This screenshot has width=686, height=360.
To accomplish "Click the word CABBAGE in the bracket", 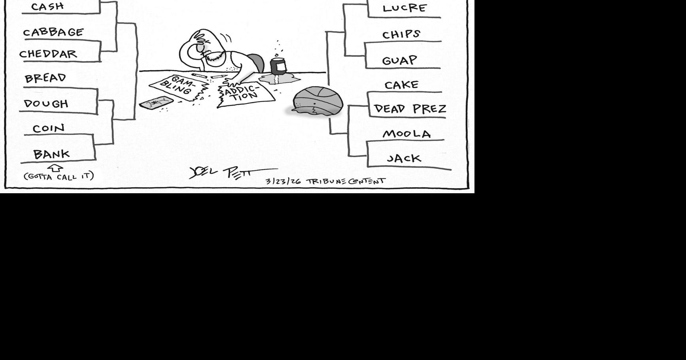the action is tap(53, 32).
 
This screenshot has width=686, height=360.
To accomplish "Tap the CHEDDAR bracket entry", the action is tap(48, 54).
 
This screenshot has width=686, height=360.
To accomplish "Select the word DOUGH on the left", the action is tap(46, 104).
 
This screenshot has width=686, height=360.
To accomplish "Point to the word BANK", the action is tap(51, 154).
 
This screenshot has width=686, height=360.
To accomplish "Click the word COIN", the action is tap(48, 128).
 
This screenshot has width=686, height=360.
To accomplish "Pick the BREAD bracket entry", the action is tap(45, 78).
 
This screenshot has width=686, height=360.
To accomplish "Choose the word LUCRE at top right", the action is tap(404, 8).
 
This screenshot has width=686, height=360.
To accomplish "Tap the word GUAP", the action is tap(399, 60).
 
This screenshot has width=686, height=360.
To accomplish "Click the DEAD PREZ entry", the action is tap(410, 109).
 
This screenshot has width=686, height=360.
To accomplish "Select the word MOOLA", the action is tap(406, 134).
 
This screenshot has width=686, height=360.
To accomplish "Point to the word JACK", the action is tap(404, 158).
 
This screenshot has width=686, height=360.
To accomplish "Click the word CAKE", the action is tap(401, 85).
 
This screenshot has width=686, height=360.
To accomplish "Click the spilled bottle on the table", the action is tap(278, 66).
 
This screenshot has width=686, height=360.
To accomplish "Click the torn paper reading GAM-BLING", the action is tap(179, 87).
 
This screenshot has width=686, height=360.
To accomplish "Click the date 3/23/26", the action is tap(283, 181).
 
